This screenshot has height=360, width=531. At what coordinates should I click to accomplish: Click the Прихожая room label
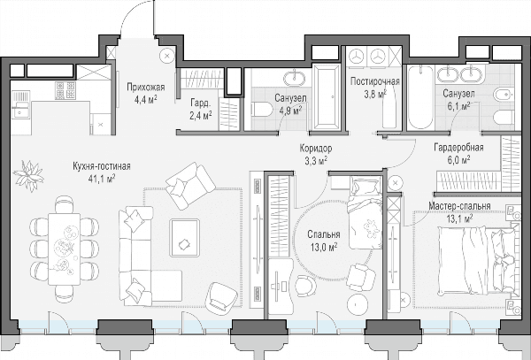tap(146, 88)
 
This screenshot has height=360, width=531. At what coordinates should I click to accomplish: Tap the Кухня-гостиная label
tap(102, 166)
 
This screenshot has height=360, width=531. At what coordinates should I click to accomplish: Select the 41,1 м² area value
tap(102, 179)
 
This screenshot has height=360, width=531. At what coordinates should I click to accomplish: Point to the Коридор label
tap(316, 149)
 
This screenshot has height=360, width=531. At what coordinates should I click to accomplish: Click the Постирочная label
tap(375, 81)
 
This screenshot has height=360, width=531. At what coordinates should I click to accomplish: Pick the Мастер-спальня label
tap(459, 206)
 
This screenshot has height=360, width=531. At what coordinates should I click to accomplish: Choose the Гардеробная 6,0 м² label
tap(458, 154)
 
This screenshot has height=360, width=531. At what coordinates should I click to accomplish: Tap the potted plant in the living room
tap(29, 176)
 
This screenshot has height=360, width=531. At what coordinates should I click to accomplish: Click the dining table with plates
tap(64, 249)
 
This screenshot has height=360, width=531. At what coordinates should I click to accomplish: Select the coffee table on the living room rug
tap(184, 238)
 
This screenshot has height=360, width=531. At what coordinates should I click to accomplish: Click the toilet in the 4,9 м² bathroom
tap(262, 110)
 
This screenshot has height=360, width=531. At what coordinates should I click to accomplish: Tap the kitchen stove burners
tap(65, 90)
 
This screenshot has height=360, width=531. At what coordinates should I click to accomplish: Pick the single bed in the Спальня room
tap(366, 212)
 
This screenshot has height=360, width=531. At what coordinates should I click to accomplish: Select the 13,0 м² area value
tap(324, 248)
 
